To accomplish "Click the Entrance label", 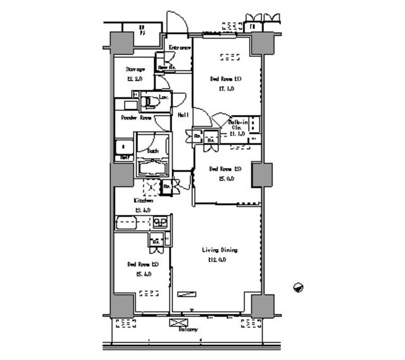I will [179, 48].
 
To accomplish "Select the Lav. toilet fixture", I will [151, 101].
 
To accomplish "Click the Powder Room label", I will [136, 118].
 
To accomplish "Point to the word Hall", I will [182, 115].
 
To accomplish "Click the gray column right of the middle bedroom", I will [261, 174].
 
